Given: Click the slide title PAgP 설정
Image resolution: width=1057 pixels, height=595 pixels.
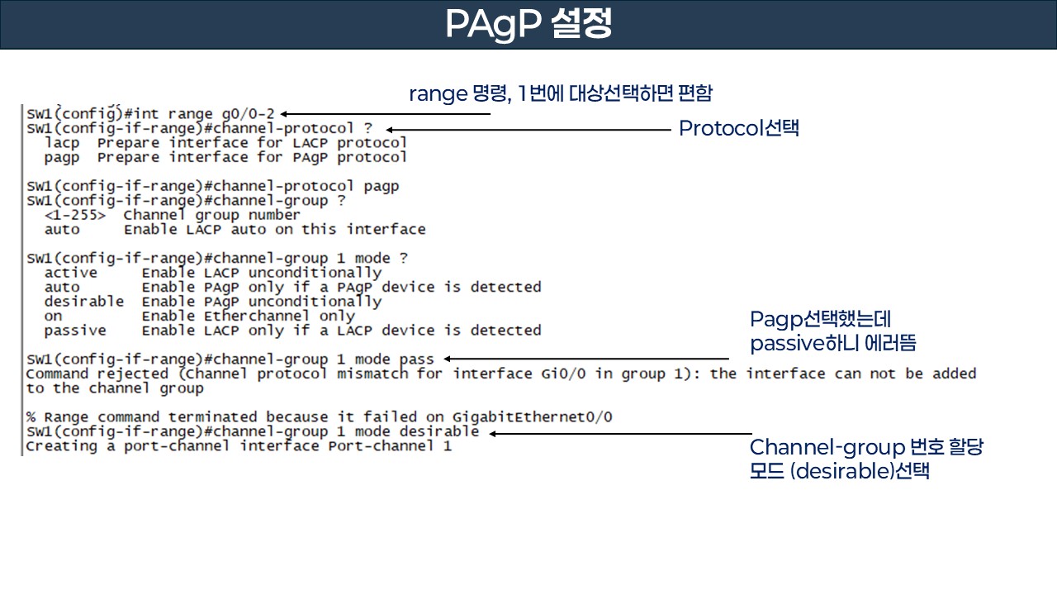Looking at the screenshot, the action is [x=528, y=25].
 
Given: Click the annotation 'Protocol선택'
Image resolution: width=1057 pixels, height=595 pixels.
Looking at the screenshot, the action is [x=738, y=129].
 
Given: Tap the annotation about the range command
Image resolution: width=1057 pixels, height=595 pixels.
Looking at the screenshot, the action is [x=560, y=93].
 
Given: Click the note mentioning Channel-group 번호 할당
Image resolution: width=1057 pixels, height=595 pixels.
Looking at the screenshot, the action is [x=865, y=459].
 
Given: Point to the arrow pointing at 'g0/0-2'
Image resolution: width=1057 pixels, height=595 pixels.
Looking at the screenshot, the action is [x=385, y=114].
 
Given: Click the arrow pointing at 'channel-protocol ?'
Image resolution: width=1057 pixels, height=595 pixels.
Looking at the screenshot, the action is [x=528, y=129].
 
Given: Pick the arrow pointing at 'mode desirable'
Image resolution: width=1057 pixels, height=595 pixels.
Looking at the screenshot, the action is [x=619, y=433].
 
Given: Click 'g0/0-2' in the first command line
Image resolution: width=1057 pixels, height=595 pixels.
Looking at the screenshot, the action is [x=248, y=114].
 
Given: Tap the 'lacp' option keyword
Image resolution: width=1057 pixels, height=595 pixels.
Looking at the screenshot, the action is [x=62, y=143].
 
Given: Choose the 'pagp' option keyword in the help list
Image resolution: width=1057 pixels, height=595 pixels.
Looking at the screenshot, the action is [x=62, y=157].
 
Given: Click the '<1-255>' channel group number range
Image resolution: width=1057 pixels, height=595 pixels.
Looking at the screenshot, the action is [x=74, y=215].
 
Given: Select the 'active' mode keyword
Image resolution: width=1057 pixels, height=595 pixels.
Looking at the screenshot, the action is [x=70, y=273].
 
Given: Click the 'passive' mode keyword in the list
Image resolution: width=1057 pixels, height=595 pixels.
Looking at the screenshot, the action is [x=74, y=331].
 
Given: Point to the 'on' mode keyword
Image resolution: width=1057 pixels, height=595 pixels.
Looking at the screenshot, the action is [x=53, y=316].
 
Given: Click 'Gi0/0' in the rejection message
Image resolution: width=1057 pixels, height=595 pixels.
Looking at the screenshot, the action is [x=555, y=374].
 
